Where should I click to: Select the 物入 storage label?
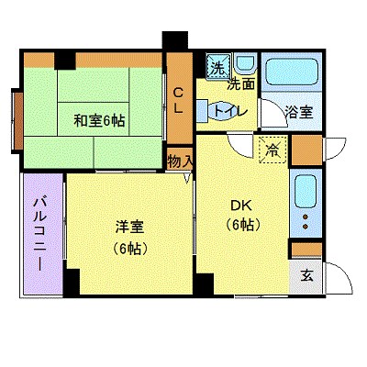[x=180, y=161]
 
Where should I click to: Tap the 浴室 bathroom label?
[x=298, y=112]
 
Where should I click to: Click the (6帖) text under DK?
[x=241, y=224]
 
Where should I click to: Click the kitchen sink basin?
[x=305, y=191]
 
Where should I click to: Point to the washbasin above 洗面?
[x=245, y=64]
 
